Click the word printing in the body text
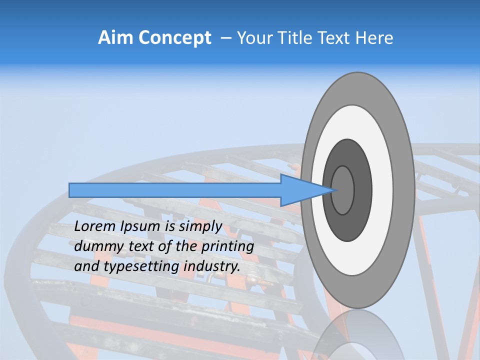point(227,246)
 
